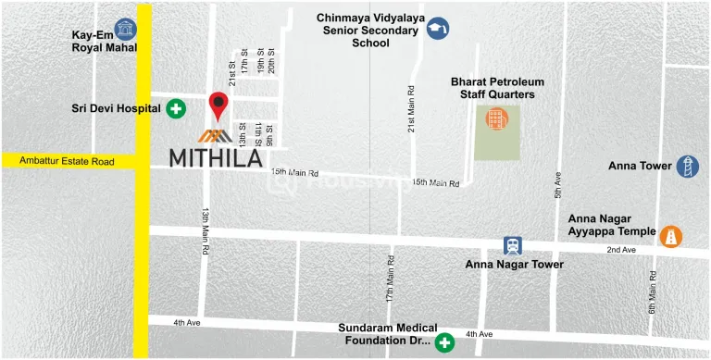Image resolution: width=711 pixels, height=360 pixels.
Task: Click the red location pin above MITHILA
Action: click(218, 105)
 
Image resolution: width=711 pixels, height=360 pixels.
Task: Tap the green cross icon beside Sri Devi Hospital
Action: click(176, 109)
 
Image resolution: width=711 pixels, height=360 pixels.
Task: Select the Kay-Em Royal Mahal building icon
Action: click(122, 30)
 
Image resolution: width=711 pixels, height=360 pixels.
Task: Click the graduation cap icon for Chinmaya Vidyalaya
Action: click(438, 30)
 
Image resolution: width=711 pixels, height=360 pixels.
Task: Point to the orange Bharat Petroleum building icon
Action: click(497, 119)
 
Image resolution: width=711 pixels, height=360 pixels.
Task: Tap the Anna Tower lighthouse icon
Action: click(687, 167)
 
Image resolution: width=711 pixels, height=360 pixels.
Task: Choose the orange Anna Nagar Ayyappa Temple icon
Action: click(670, 237)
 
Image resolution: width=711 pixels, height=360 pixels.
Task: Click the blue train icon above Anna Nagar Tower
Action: click(512, 245)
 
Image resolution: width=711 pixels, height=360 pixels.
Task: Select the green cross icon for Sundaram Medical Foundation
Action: click(445, 341)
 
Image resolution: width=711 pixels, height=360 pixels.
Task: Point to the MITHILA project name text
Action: click(216, 158)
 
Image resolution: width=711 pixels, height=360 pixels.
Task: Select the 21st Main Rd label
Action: click(411, 107)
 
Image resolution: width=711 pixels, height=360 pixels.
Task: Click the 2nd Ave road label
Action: click(621, 251)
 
